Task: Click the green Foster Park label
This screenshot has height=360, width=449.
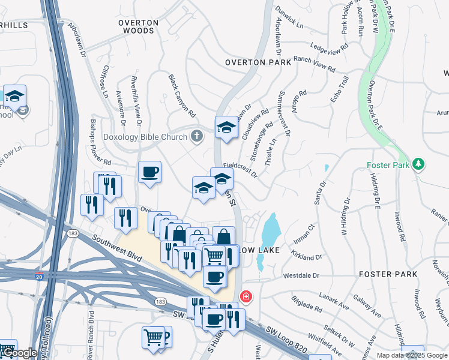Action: tap(388, 164)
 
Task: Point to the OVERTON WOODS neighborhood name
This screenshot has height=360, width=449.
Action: tap(138, 26)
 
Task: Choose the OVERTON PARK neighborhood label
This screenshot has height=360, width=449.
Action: tap(258, 62)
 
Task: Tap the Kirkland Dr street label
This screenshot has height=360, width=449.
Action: tap(304, 256)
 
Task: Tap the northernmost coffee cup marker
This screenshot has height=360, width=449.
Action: tap(149, 173)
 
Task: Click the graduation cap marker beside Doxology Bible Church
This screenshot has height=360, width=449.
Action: tap(226, 127)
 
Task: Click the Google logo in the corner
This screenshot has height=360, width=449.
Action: tap(20, 353)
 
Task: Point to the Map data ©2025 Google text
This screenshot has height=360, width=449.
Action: tap(411, 355)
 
